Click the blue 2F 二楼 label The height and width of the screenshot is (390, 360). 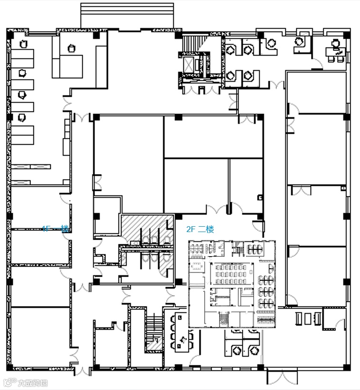(x=200, y=230)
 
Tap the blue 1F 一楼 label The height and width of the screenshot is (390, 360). (x=56, y=229)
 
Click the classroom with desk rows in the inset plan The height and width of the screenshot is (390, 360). (x=229, y=274)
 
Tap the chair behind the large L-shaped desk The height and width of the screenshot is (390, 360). (x=72, y=48)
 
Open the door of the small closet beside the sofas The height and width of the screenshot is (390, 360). (x=339, y=325)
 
